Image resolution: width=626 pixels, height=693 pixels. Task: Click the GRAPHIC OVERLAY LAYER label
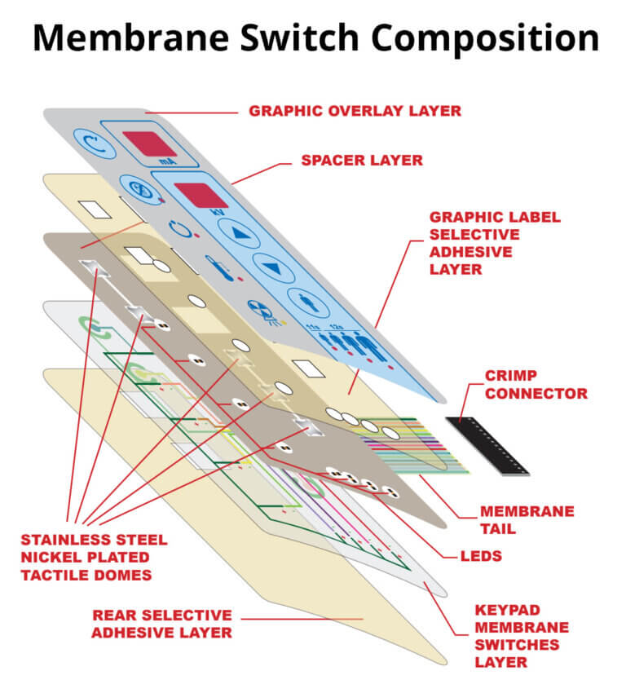click(355, 110)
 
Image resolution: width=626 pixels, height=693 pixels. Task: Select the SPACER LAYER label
click(362, 161)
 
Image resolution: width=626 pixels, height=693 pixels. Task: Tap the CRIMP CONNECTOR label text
click(536, 384)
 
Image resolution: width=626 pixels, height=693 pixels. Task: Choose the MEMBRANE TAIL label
click(527, 519)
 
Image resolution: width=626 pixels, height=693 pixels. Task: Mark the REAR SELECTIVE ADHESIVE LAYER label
click(161, 623)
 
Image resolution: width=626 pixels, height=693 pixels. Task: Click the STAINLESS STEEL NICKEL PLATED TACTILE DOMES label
click(94, 557)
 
